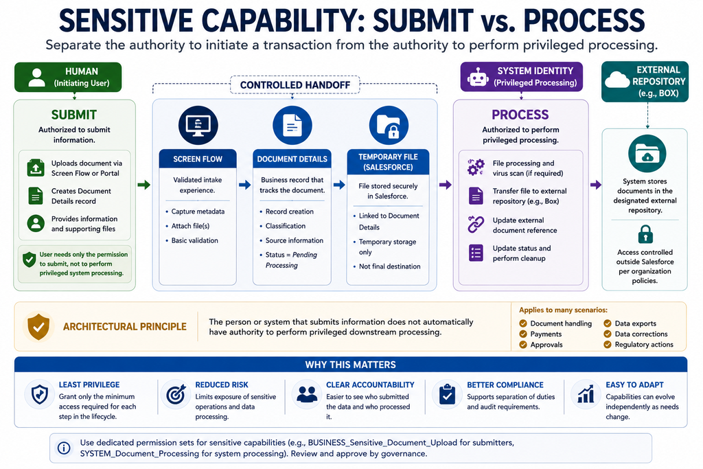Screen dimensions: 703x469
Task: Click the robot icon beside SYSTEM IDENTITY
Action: (478, 77)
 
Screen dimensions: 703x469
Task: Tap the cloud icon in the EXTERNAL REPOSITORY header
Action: (617, 80)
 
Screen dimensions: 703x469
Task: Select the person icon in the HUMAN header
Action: (37, 78)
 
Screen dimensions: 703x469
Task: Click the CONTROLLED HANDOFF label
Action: (295, 84)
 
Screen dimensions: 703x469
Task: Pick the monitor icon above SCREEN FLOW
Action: (198, 125)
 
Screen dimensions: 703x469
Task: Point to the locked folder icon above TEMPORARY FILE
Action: (389, 126)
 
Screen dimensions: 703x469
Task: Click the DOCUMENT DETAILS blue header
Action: (292, 159)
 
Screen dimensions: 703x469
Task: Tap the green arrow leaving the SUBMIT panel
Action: (144, 185)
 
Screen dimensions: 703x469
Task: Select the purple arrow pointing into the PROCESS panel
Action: (445, 185)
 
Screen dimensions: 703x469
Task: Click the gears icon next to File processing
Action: (476, 168)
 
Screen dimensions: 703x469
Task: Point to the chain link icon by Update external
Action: (476, 225)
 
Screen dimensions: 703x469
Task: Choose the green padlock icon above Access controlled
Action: (645, 234)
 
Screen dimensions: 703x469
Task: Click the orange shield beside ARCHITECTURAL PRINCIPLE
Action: (38, 326)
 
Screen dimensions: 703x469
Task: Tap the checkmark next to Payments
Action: (522, 334)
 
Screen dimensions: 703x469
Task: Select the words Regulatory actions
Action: (644, 344)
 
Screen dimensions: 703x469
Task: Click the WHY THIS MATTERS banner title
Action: (351, 365)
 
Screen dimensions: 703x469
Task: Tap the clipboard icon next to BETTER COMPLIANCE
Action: (447, 395)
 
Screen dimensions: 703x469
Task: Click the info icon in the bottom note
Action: (64, 448)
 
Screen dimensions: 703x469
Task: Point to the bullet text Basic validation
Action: (194, 240)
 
